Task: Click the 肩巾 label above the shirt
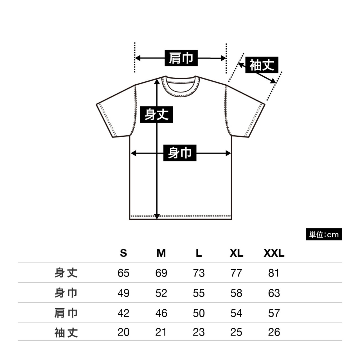click(181, 58)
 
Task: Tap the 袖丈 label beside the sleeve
click(262, 65)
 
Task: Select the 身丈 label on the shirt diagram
click(156, 114)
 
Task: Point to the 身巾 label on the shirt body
click(180, 153)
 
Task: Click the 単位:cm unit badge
click(324, 234)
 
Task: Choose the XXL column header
click(274, 253)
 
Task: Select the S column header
click(123, 253)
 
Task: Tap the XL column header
click(236, 253)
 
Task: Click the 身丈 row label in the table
click(66, 273)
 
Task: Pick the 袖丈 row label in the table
click(66, 332)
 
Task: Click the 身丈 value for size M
click(161, 273)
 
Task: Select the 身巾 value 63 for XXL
click(274, 293)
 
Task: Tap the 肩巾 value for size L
click(199, 313)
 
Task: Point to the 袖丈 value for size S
click(123, 332)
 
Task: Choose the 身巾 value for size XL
click(236, 293)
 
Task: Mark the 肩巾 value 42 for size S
click(123, 313)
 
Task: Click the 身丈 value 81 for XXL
click(274, 273)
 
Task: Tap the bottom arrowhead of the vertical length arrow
click(157, 216)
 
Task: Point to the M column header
click(161, 253)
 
